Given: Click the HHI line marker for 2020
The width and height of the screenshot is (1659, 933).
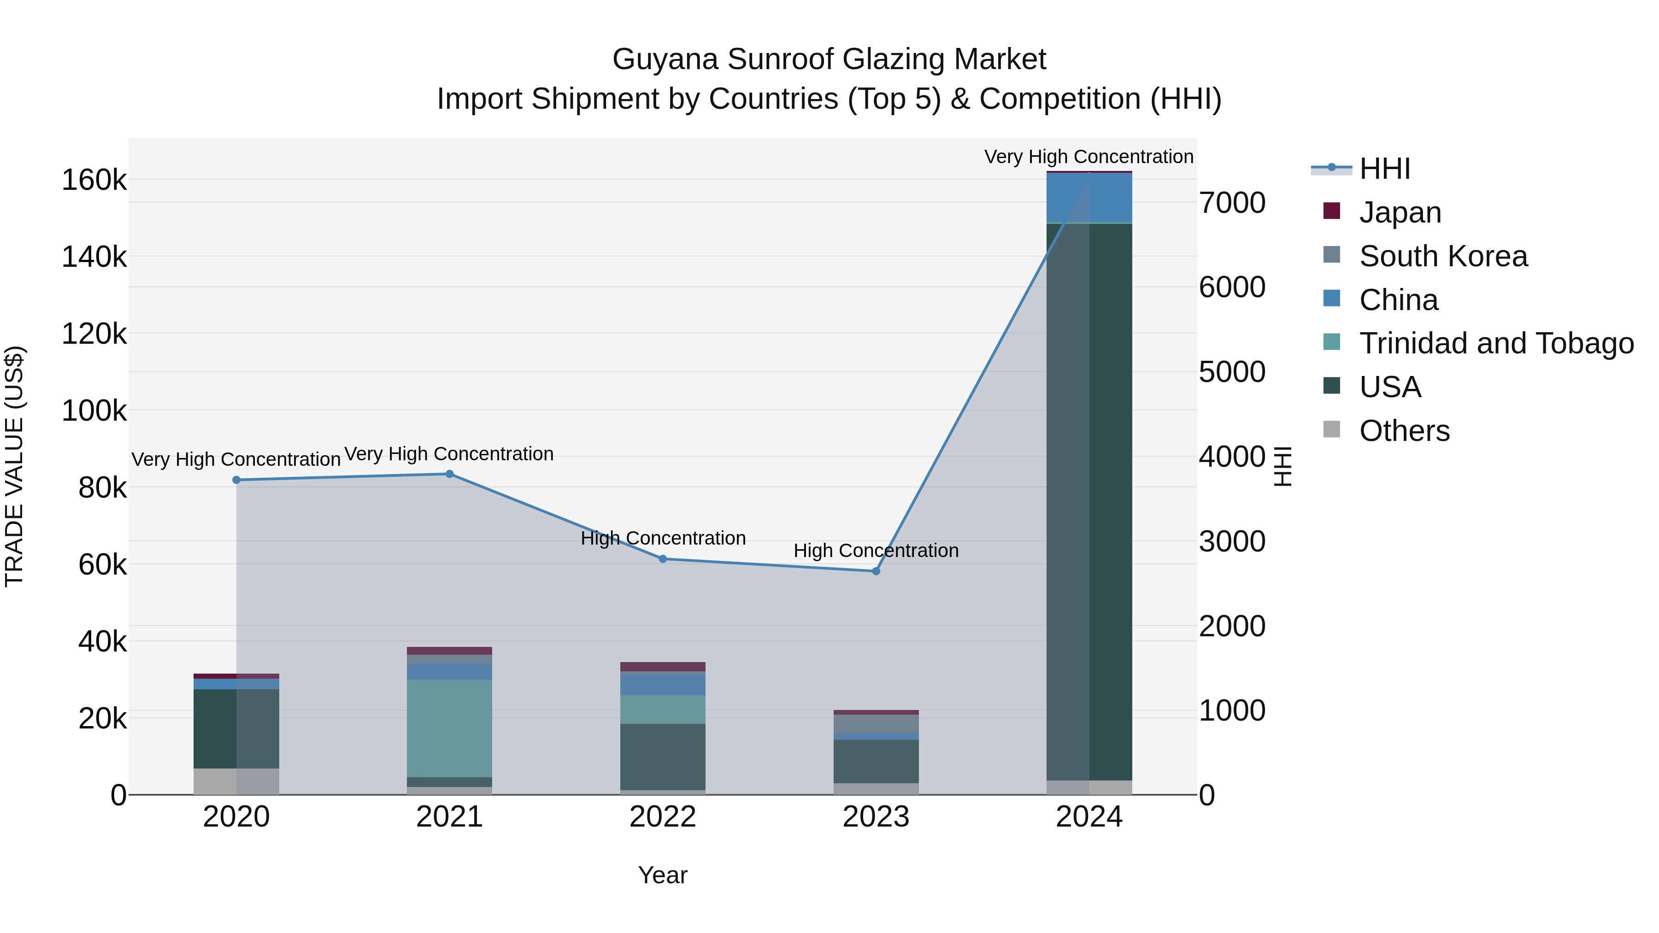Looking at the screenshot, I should [236, 480].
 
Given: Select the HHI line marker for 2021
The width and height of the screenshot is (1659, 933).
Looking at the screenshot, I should [449, 474].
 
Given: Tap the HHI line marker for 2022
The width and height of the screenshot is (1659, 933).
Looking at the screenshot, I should [663, 559].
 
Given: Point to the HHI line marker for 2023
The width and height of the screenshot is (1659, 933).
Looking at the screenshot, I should [876, 571].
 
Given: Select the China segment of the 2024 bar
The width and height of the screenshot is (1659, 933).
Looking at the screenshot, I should [1089, 198].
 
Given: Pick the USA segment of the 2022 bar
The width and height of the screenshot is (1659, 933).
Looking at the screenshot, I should [663, 757].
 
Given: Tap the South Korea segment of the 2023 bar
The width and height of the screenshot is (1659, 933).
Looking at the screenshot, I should [876, 724].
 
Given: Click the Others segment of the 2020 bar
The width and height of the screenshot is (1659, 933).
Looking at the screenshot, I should [236, 781].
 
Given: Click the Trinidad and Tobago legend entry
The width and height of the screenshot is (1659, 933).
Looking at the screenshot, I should [1495, 343].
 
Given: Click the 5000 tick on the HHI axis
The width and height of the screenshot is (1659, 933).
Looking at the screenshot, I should [1232, 372].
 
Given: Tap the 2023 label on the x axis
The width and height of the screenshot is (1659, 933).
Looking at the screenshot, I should [876, 817].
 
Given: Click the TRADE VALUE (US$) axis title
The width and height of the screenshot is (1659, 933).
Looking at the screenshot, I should [14, 466].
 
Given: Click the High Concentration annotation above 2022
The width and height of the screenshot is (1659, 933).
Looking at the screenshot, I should [663, 538].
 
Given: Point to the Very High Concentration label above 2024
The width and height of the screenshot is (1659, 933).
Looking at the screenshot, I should [1088, 157].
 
